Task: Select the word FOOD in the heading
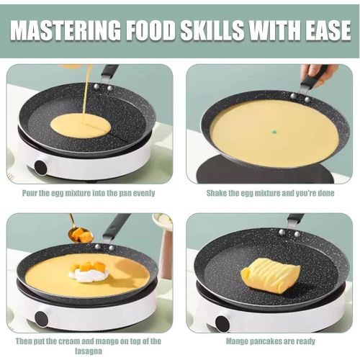[145, 32]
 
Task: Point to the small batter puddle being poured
[80, 125]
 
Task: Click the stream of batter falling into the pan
[86, 90]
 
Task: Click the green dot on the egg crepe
[274, 132]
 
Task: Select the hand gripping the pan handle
[317, 72]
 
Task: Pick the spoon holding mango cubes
[80, 233]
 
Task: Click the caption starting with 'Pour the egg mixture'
[89, 193]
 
